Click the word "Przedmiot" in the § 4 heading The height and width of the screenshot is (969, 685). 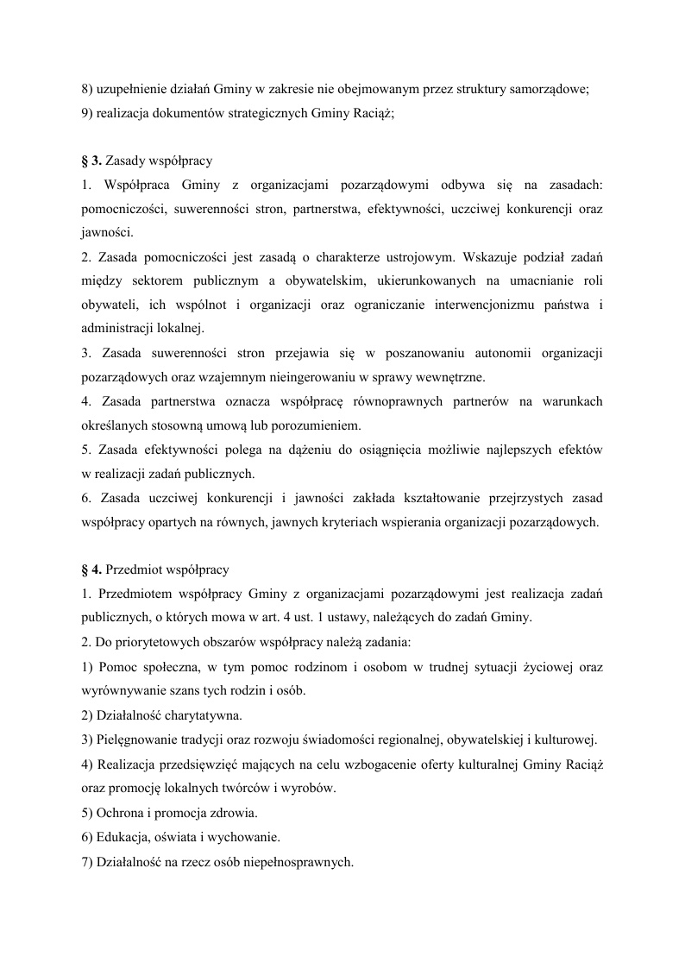point(137,569)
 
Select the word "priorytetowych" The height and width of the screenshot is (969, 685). point(153,643)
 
